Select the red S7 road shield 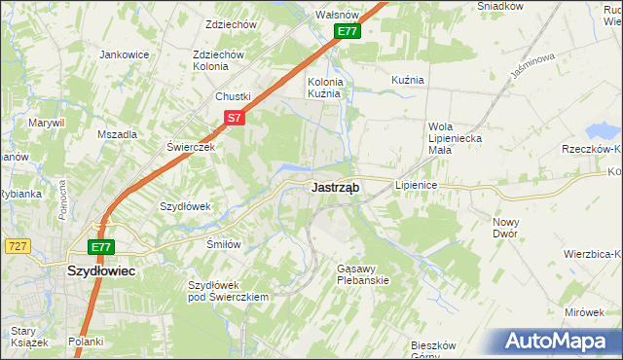point(234,118)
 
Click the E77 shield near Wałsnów point(348,32)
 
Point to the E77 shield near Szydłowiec point(101,247)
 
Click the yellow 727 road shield point(16,247)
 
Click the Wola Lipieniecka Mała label point(455,132)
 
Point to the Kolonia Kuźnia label point(323,89)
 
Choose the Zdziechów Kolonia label point(218,60)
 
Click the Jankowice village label point(124,54)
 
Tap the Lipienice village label point(416,184)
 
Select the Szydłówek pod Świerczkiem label point(228,291)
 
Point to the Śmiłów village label point(223,244)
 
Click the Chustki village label point(234,96)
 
